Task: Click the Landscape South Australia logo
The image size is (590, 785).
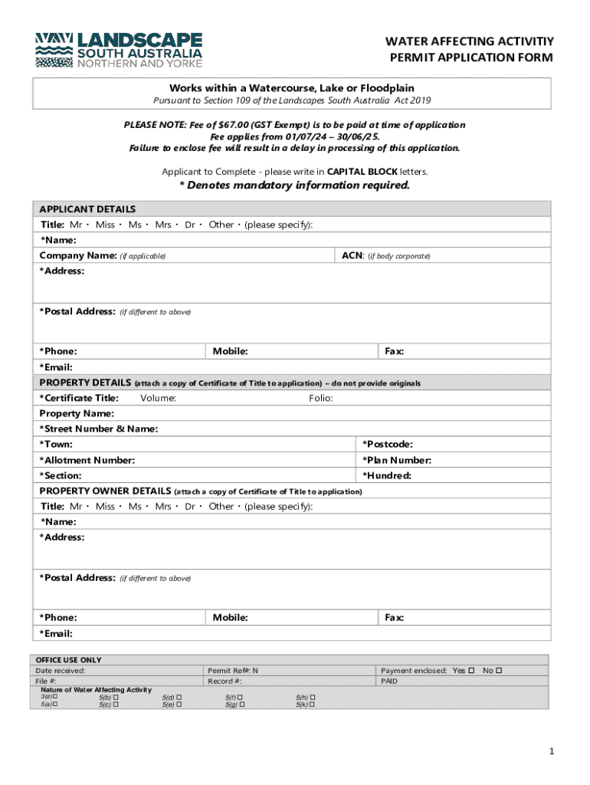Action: [119, 51]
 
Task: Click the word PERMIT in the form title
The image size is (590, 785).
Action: [414, 58]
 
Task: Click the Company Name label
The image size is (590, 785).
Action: [77, 255]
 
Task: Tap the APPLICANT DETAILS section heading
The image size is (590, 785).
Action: [87, 209]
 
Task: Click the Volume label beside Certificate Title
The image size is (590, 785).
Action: [159, 398]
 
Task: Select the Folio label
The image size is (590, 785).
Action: [320, 398]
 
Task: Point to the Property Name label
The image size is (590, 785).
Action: [77, 413]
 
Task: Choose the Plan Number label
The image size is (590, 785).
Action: [396, 460]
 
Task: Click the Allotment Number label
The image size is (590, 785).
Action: [87, 460]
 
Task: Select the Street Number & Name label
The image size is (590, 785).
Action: [98, 429]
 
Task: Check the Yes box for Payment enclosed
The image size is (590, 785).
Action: [471, 671]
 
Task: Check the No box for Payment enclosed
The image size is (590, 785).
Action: [499, 671]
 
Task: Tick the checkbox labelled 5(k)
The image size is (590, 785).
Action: [313, 704]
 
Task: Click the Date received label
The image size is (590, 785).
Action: [61, 671]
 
